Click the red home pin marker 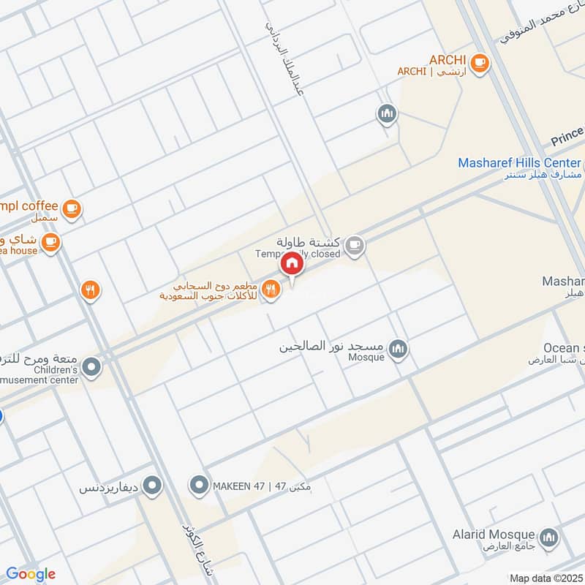[x=292, y=263]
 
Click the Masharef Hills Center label [x=519, y=163]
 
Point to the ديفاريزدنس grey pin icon [x=153, y=485]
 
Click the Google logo [x=31, y=574]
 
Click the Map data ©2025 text [x=545, y=578]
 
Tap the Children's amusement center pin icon [x=91, y=367]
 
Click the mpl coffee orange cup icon [x=71, y=210]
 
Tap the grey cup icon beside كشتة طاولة [x=355, y=246]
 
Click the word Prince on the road [x=567, y=136]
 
